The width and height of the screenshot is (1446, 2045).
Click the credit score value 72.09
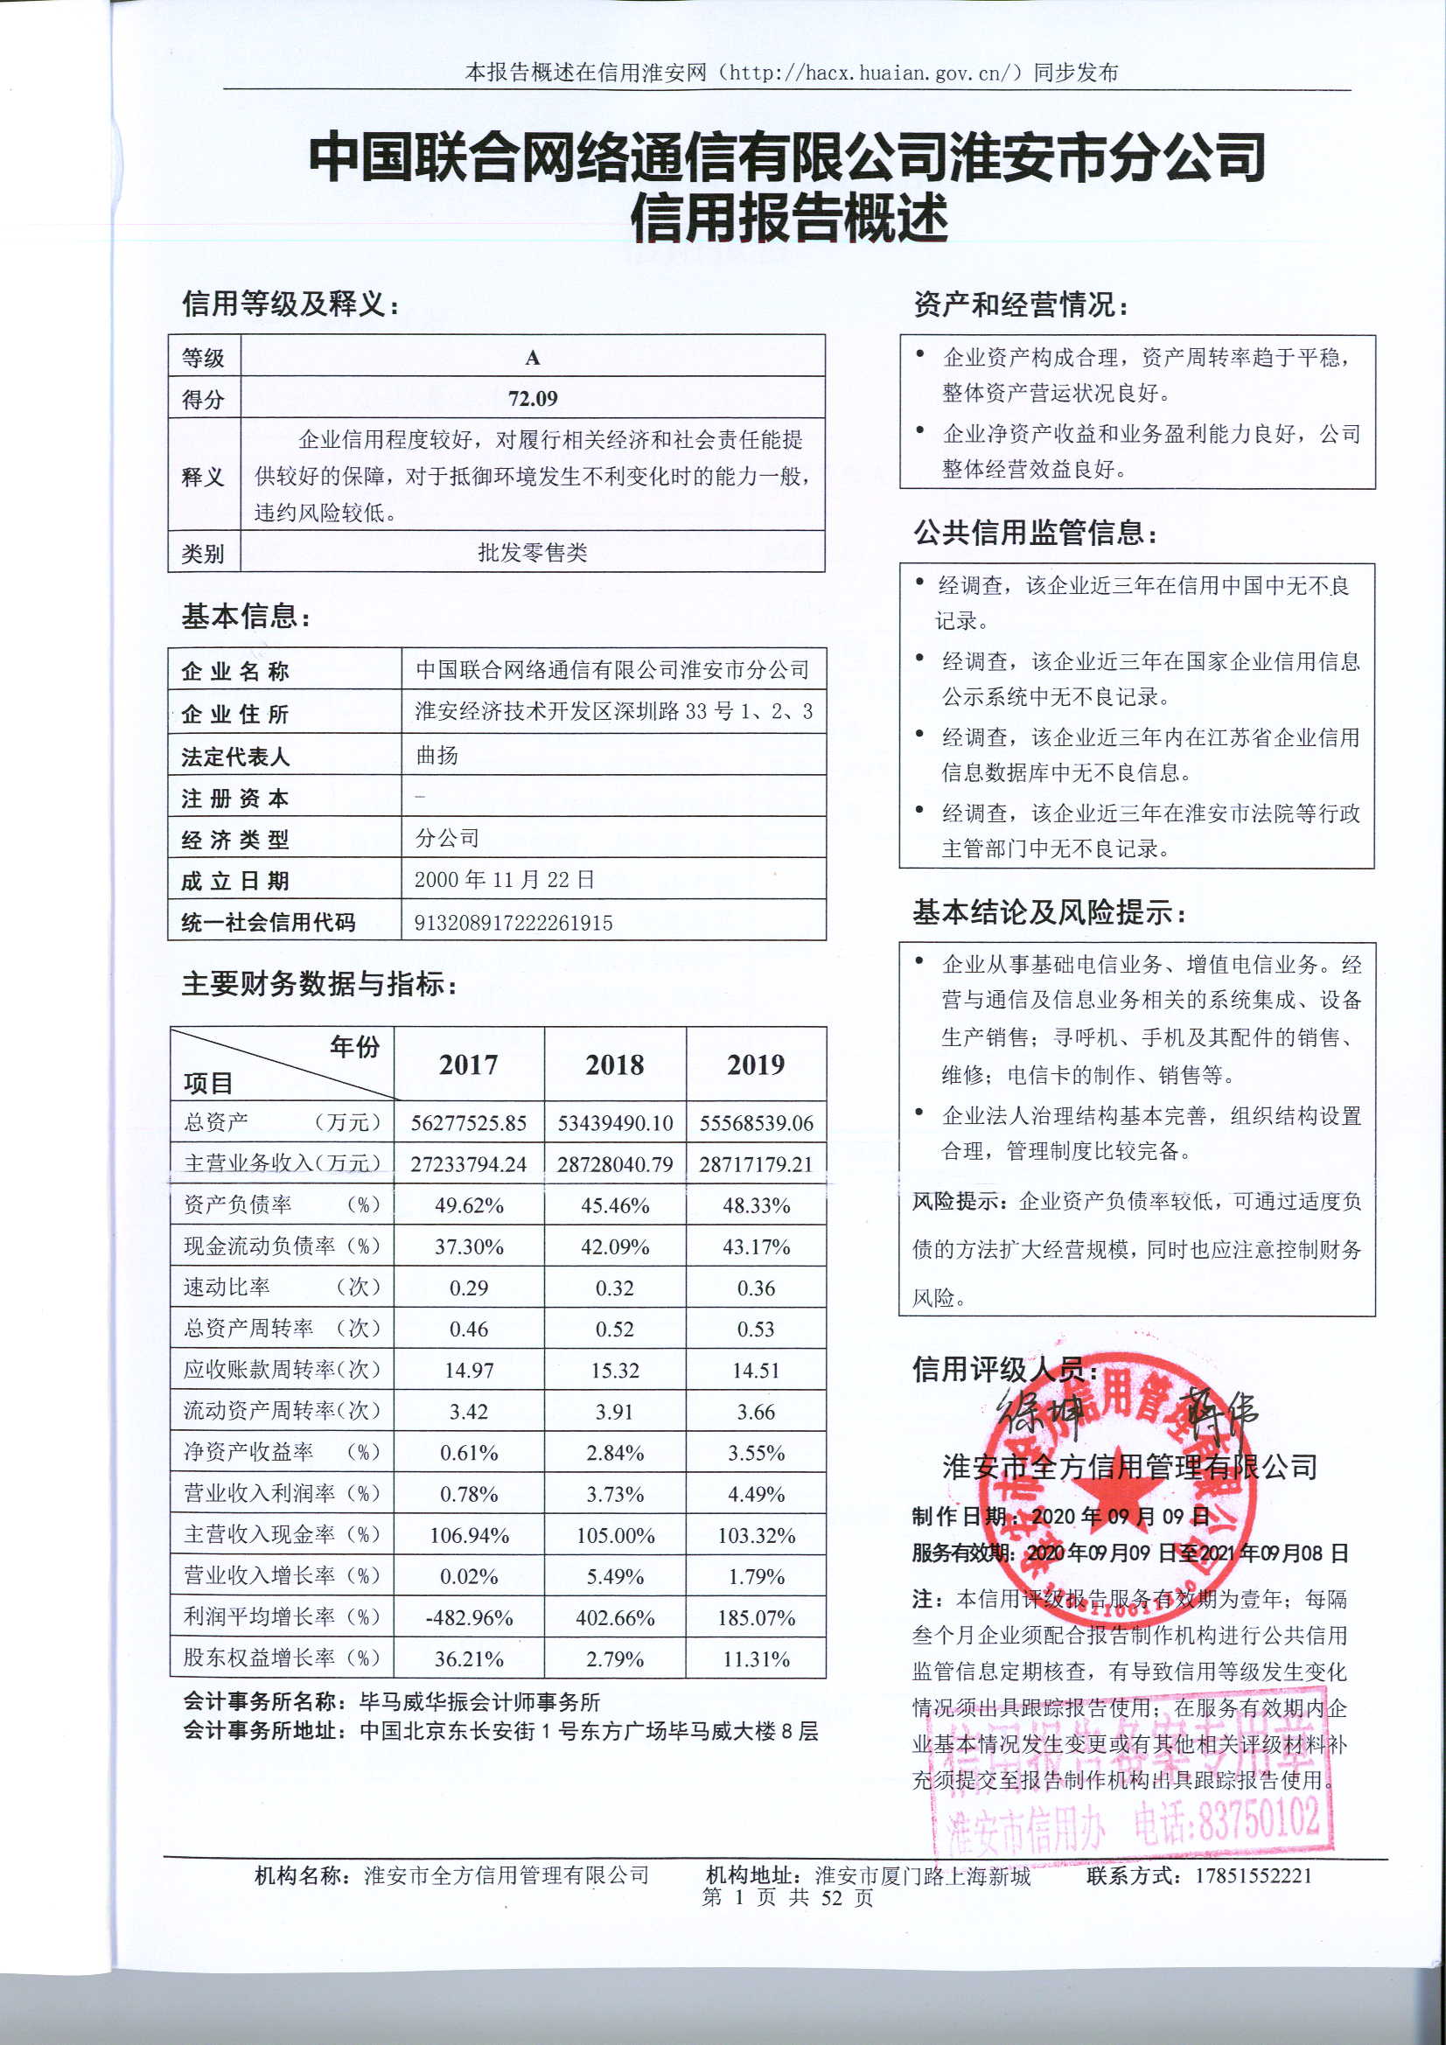click(x=533, y=398)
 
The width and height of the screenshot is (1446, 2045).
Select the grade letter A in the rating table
click(x=533, y=358)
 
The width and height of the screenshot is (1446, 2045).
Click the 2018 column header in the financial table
click(x=615, y=1064)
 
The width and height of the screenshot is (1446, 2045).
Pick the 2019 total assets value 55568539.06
click(x=757, y=1123)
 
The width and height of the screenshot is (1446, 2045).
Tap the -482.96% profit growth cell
click(x=469, y=1618)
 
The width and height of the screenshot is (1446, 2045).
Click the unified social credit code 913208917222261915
click(x=513, y=923)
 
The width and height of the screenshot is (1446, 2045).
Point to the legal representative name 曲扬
click(x=437, y=756)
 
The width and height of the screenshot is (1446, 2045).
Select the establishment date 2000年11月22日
click(x=504, y=880)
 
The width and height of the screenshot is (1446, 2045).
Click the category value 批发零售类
click(x=533, y=553)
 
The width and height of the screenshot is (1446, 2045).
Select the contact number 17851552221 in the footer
click(x=1253, y=1876)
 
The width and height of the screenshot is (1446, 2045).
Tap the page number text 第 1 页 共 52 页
click(x=787, y=1897)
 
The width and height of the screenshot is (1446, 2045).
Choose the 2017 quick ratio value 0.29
click(x=469, y=1288)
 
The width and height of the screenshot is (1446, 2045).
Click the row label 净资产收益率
click(x=248, y=1452)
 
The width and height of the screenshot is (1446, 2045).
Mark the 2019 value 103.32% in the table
click(x=757, y=1536)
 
